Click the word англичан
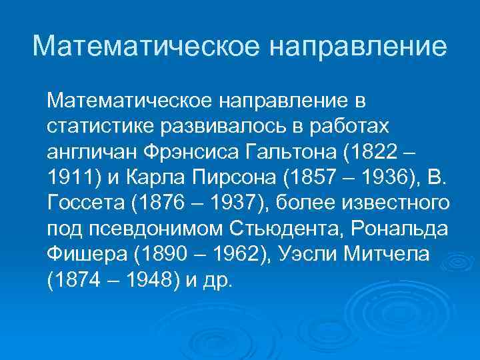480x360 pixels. (x=91, y=152)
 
